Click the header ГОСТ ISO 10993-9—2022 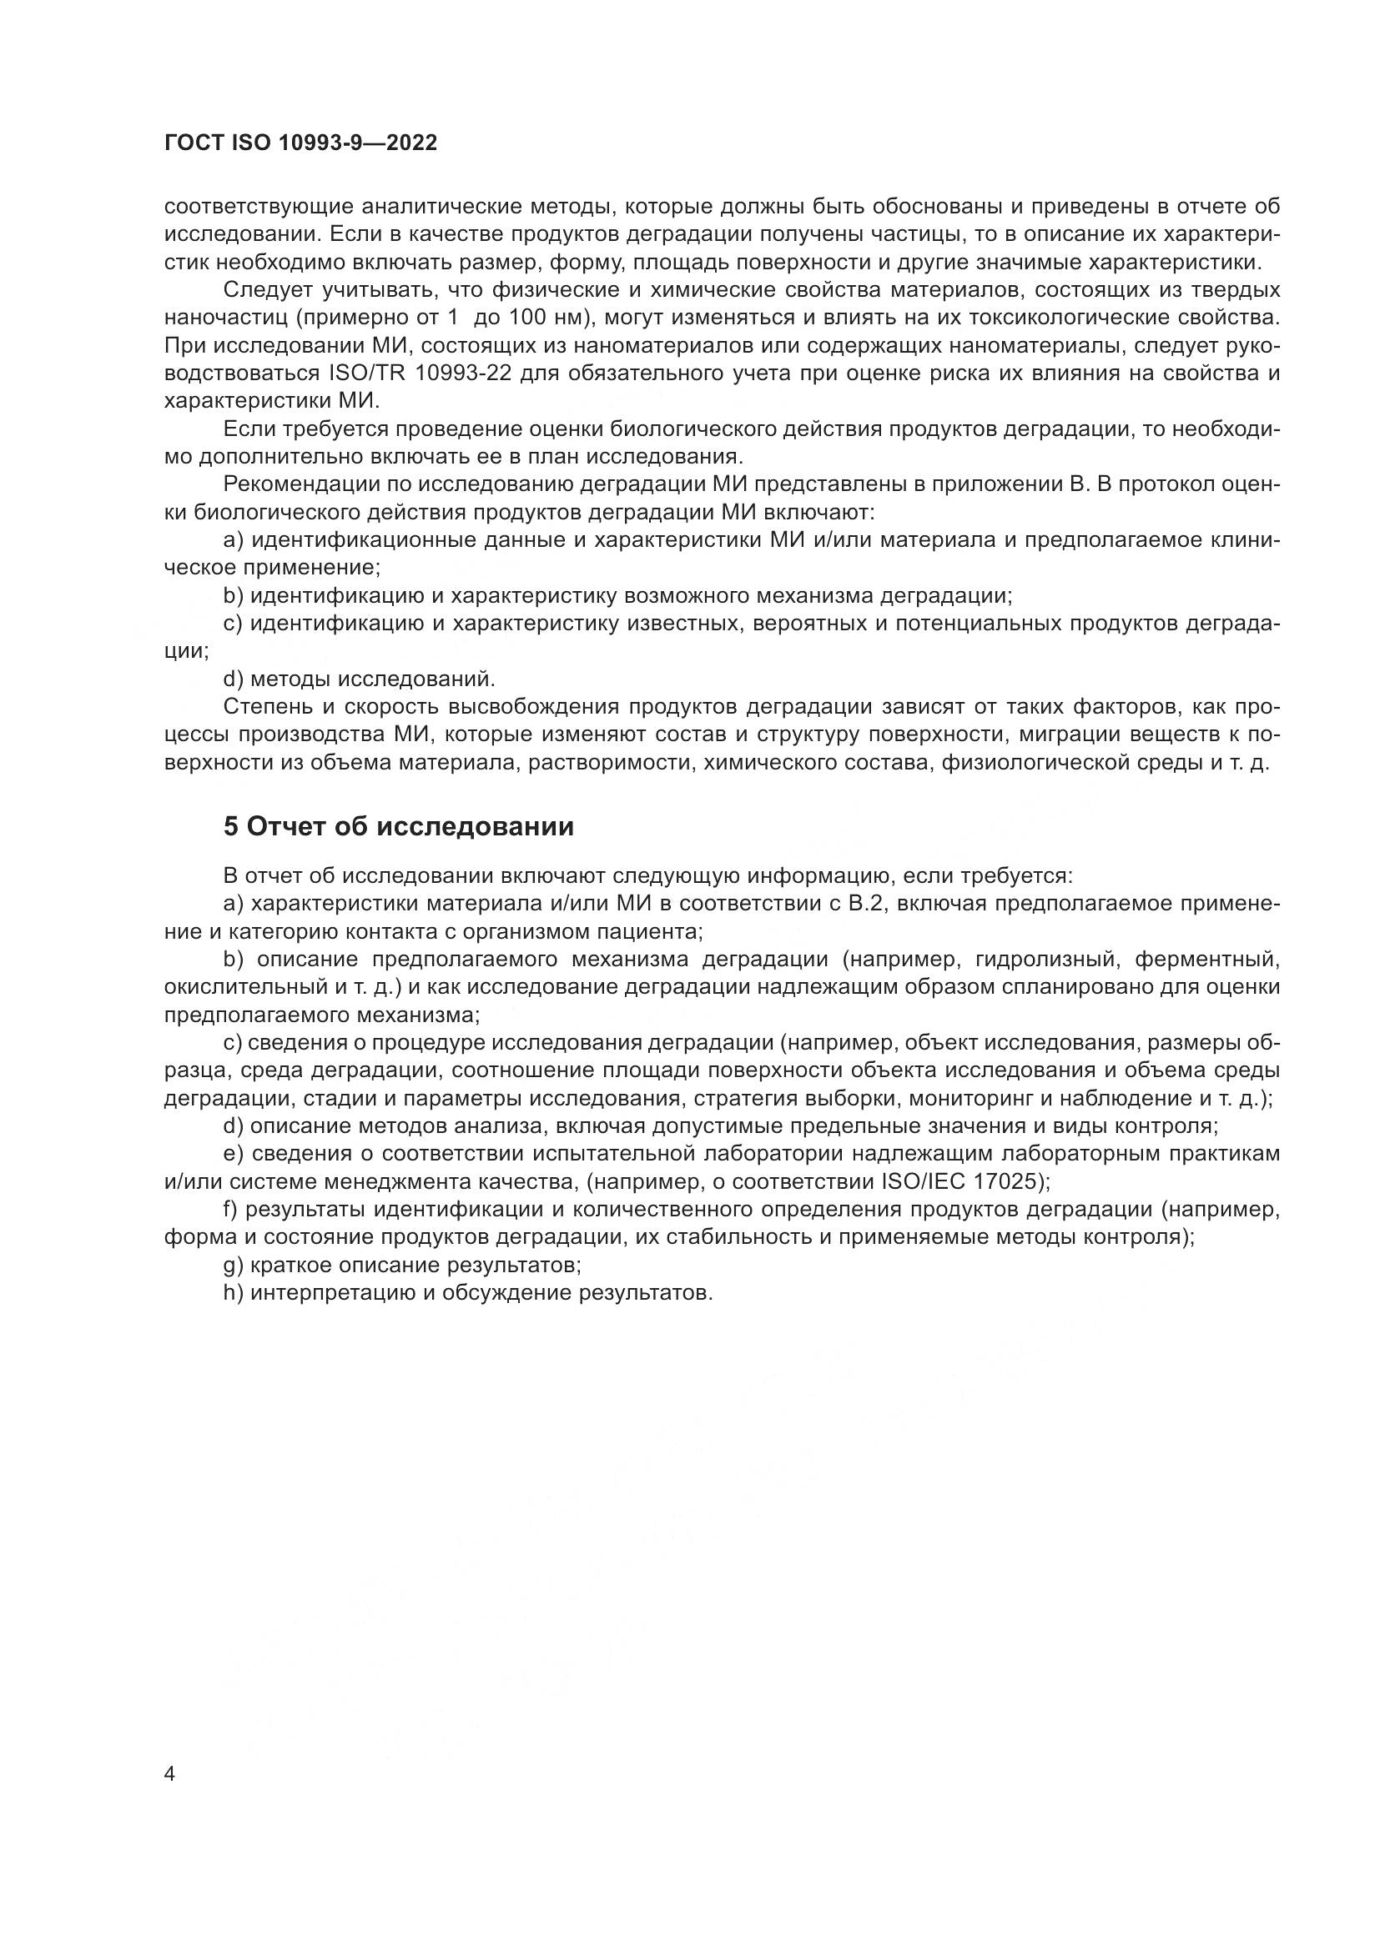pyautogui.click(x=301, y=143)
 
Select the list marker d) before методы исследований pyautogui.click(x=234, y=679)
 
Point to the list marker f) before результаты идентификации pyautogui.click(x=232, y=1210)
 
